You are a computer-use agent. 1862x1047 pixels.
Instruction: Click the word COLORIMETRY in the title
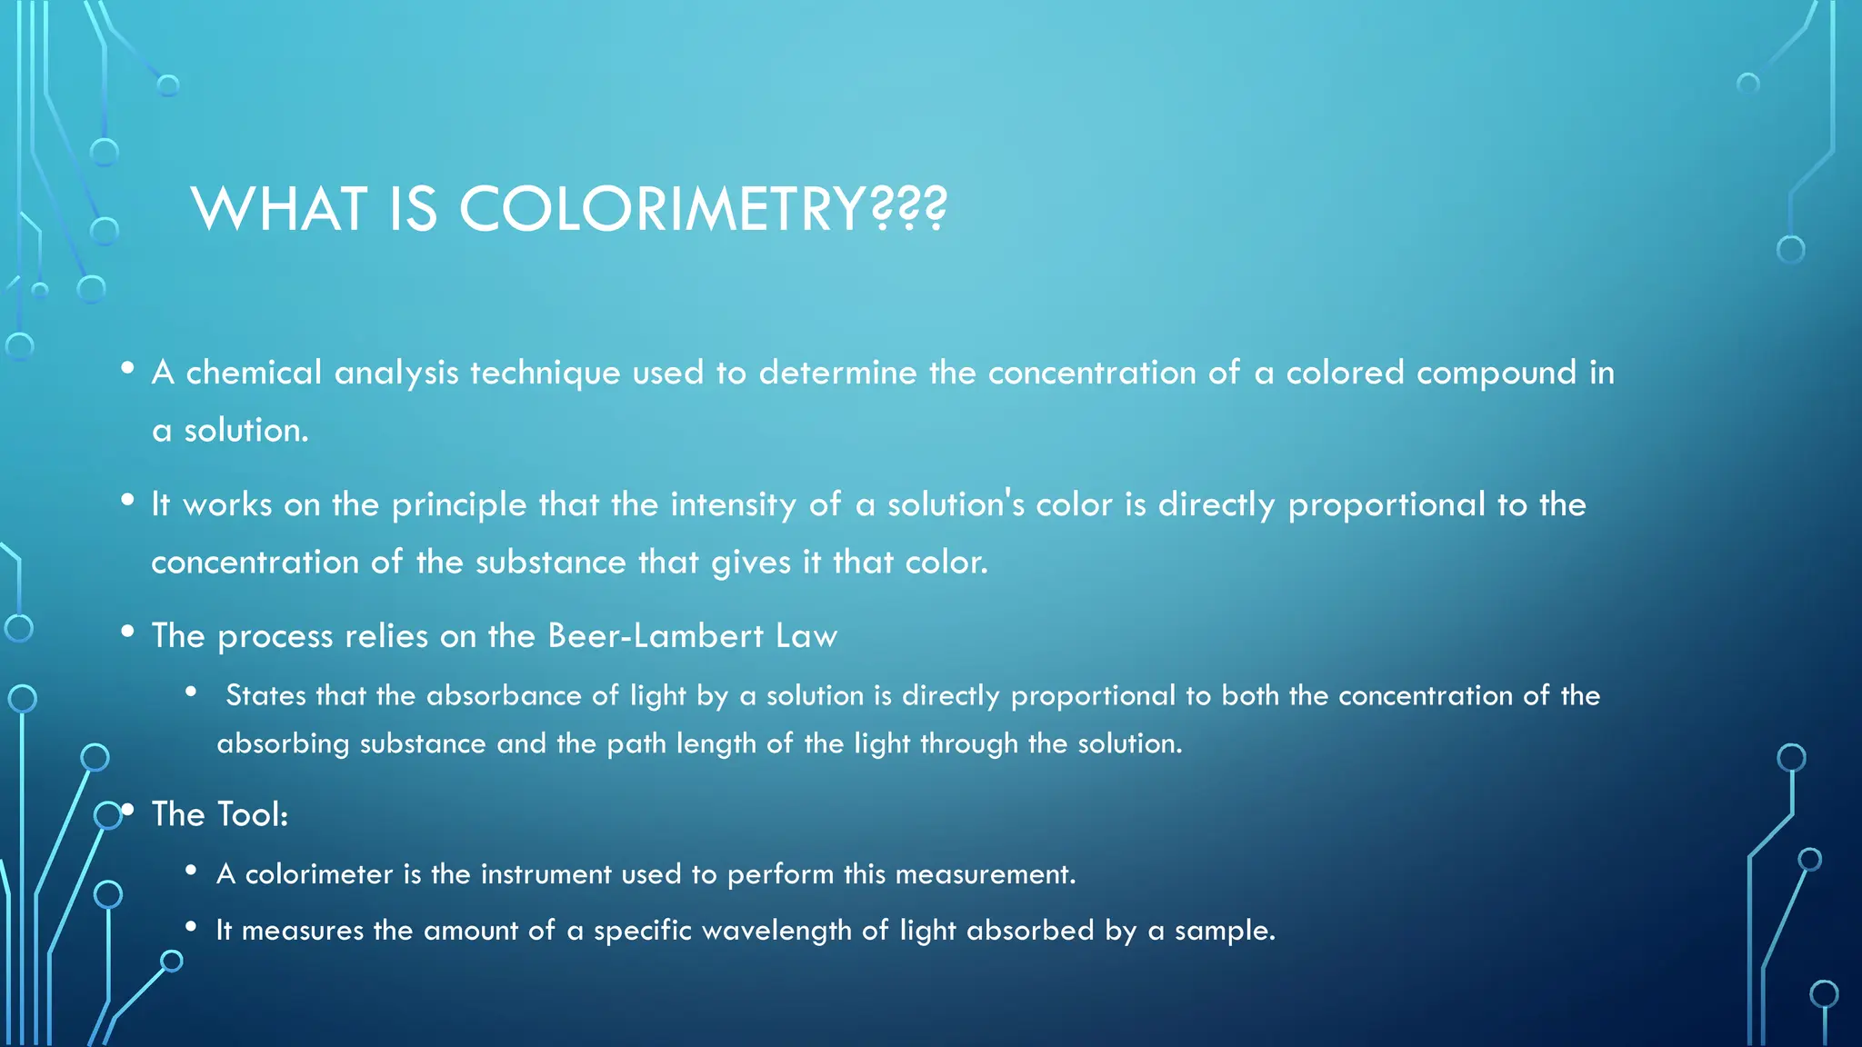click(662, 209)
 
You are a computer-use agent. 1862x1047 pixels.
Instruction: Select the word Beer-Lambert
click(656, 635)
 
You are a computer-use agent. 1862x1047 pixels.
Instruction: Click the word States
click(265, 696)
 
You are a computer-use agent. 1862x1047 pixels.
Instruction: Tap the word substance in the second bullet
click(550, 563)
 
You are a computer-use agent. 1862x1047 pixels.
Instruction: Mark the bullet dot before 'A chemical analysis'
click(128, 368)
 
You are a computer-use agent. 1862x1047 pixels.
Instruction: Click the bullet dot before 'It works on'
click(128, 500)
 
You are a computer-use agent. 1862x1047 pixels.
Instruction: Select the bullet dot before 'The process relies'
click(128, 631)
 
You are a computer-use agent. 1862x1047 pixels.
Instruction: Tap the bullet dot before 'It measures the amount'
click(191, 926)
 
